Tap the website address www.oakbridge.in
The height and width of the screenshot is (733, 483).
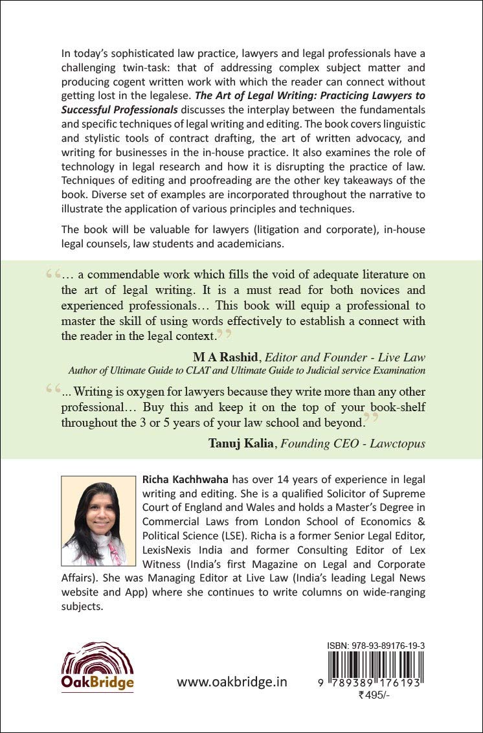tap(232, 682)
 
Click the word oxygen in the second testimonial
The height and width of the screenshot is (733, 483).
tap(167, 393)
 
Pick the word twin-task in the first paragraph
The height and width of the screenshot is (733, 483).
tap(165, 69)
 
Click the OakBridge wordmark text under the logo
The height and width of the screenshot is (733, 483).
tap(97, 683)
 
